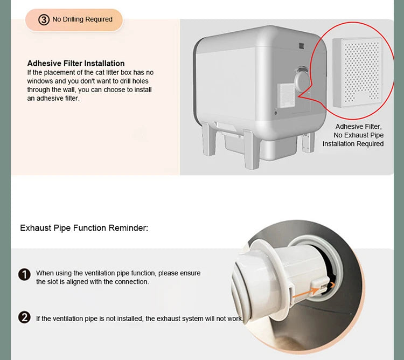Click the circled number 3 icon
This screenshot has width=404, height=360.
(x=44, y=19)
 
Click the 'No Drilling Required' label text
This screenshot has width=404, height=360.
(x=82, y=19)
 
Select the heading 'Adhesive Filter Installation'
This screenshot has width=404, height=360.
(x=76, y=64)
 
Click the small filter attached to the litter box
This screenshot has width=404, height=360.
(x=287, y=95)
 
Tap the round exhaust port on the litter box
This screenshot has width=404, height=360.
(x=302, y=80)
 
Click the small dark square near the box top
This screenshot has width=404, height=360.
(x=302, y=46)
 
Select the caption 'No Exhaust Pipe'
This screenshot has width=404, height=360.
(x=359, y=135)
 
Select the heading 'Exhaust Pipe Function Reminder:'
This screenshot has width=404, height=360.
(x=84, y=228)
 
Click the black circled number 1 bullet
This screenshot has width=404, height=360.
(x=24, y=274)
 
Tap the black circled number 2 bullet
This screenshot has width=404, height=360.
(x=24, y=317)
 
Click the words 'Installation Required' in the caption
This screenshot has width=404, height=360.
(x=353, y=144)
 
